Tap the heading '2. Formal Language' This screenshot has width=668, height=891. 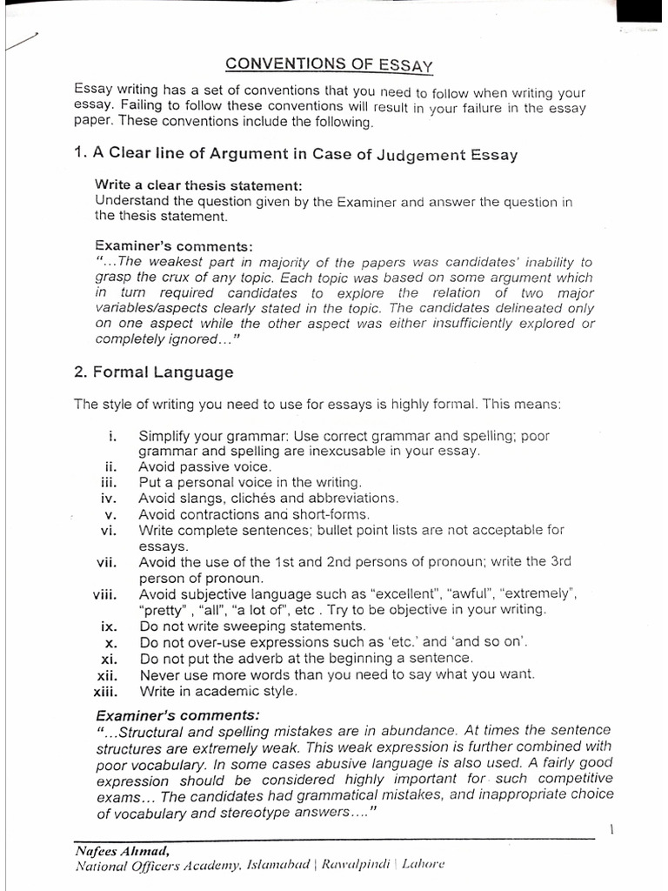coord(154,372)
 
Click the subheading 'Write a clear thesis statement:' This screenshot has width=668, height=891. coord(198,186)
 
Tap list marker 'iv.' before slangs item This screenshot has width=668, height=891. coord(109,499)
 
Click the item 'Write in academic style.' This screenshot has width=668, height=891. coord(217,691)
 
